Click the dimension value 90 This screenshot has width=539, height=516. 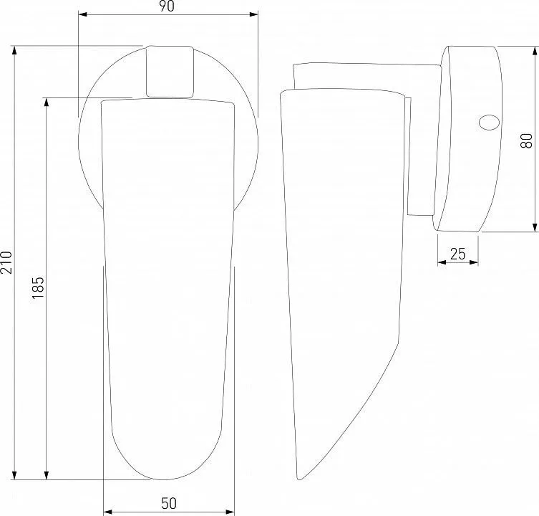tap(167, 6)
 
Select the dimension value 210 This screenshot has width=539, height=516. tap(6, 262)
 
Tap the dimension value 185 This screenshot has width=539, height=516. tap(38, 287)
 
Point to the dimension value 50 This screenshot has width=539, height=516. tap(169, 504)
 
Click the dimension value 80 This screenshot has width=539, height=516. tap(526, 140)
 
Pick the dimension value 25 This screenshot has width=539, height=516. tap(457, 254)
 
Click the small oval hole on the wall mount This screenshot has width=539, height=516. tap(489, 123)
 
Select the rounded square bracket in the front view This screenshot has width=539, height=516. tap(170, 72)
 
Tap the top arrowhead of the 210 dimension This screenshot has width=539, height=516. tap(14, 50)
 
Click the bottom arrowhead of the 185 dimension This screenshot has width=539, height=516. tap(47, 475)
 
